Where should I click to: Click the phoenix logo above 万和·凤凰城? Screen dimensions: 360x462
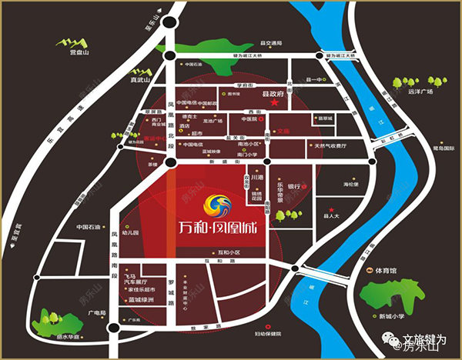pyautogui.click(x=217, y=204)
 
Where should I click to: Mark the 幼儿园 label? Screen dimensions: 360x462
pyautogui.click(x=129, y=231)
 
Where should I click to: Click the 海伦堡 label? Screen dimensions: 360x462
pyautogui.click(x=352, y=185)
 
